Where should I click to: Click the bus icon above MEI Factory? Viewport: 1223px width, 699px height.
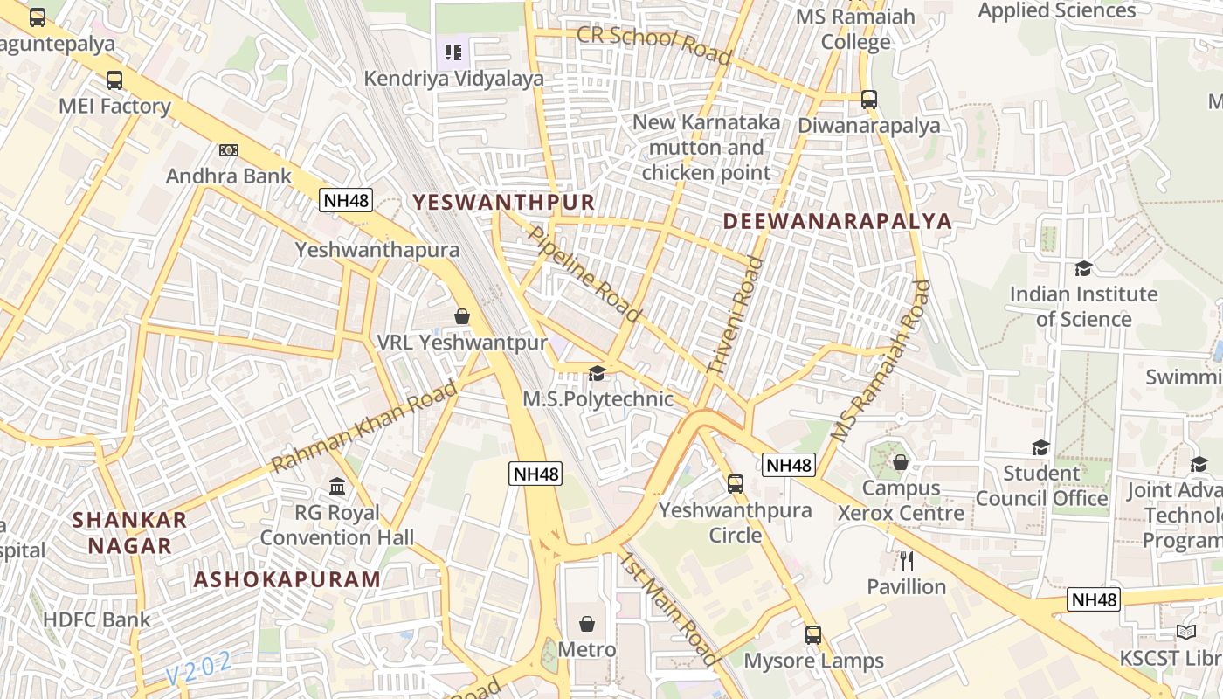(114, 80)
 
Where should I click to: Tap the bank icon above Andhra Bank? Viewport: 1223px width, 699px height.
(229, 150)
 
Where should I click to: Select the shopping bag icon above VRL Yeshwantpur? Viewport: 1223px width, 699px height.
(462, 316)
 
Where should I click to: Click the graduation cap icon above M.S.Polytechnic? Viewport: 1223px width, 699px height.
(597, 374)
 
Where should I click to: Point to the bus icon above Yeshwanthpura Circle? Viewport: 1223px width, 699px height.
(736, 483)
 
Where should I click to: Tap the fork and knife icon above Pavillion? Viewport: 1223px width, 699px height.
(907, 560)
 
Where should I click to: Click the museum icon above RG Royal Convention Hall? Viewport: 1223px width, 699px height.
(337, 486)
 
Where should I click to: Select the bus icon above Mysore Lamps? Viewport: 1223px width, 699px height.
(813, 635)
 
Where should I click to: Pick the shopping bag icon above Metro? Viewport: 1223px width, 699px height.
(587, 624)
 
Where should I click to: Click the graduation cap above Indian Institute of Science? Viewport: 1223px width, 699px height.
(1083, 268)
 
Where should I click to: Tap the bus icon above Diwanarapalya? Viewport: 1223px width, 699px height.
(868, 100)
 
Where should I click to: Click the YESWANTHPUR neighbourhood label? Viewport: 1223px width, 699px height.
(503, 203)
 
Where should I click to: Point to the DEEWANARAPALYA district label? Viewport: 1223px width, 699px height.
(837, 221)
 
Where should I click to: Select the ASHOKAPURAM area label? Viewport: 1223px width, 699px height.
(287, 579)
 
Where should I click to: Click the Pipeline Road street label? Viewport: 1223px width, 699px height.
(585, 273)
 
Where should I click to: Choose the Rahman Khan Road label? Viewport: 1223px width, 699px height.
(365, 427)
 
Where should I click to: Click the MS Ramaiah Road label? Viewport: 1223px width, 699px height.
(880, 360)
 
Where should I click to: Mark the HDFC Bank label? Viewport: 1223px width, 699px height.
(97, 620)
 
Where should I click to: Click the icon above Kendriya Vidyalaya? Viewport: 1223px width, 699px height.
(453, 52)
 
